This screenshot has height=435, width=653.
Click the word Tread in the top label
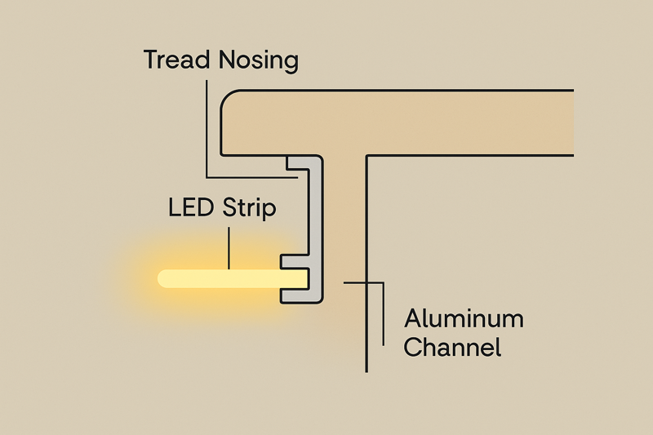[174, 60]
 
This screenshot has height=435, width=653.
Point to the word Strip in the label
[250, 208]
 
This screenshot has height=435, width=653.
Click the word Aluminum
[464, 318]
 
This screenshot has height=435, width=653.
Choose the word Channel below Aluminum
[452, 348]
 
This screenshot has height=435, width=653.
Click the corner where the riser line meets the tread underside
[366, 155]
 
